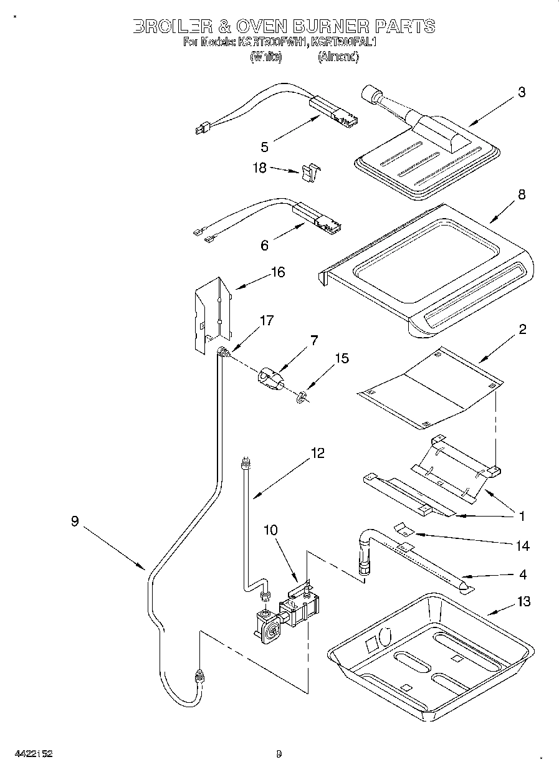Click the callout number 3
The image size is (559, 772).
pyautogui.click(x=521, y=93)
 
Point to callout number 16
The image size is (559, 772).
pyautogui.click(x=277, y=272)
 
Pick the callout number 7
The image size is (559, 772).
pyautogui.click(x=313, y=340)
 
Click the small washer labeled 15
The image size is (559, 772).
pyautogui.click(x=302, y=396)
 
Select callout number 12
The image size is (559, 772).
pyautogui.click(x=317, y=453)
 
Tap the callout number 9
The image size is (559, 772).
pyautogui.click(x=75, y=522)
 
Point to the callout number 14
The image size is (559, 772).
pyautogui.click(x=523, y=546)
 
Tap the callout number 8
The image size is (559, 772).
pyautogui.click(x=521, y=194)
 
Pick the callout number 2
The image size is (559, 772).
pyautogui.click(x=522, y=330)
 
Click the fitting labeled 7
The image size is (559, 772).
pyautogui.click(x=269, y=378)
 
